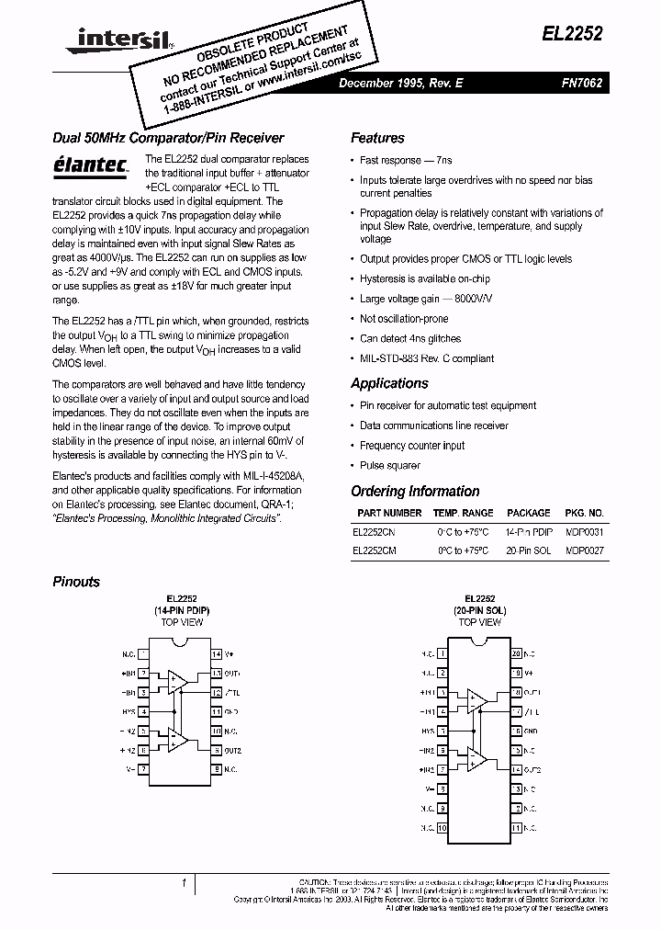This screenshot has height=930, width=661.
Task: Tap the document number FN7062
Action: click(x=581, y=82)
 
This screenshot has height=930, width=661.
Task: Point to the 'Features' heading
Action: click(x=377, y=138)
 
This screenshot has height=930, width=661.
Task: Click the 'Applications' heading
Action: click(x=390, y=383)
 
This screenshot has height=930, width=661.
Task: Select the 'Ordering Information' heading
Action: click(x=415, y=492)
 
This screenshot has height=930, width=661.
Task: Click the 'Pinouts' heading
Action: click(x=76, y=582)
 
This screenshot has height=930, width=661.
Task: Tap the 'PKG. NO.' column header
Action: click(x=584, y=513)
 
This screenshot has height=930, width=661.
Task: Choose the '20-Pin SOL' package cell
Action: click(x=529, y=550)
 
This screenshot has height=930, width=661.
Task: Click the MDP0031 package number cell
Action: click(x=584, y=531)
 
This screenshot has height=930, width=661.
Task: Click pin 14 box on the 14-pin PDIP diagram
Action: click(x=217, y=654)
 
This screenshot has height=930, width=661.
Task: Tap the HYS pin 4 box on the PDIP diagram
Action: click(x=144, y=711)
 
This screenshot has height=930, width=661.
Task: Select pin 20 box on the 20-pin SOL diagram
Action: click(x=517, y=653)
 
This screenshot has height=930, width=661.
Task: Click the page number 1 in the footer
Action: click(x=184, y=884)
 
